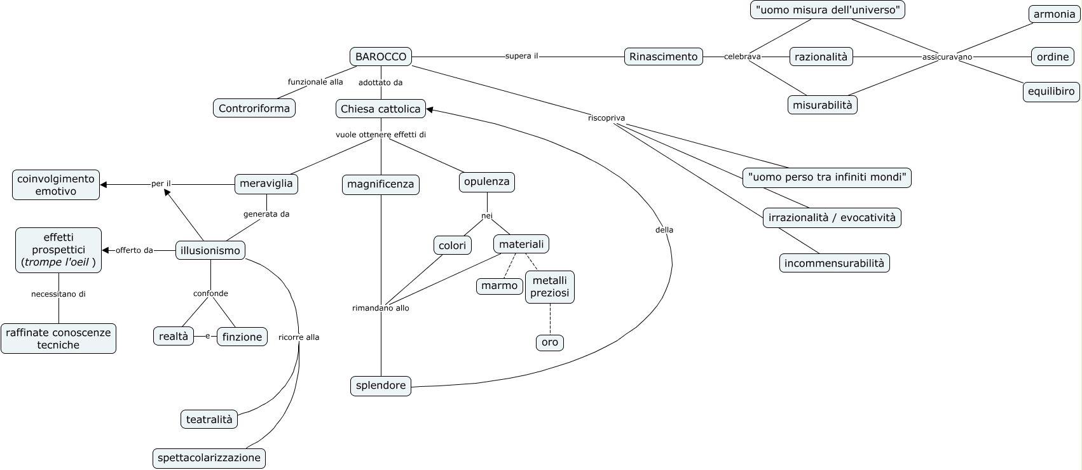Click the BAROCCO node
[x=381, y=57]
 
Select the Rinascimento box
[x=663, y=57]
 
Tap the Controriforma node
[x=254, y=108]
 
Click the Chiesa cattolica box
[x=381, y=109]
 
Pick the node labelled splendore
[x=381, y=386]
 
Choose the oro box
[x=550, y=342]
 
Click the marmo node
[x=500, y=286]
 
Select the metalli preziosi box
[x=550, y=286]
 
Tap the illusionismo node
[x=210, y=250]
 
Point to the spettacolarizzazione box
[x=209, y=457]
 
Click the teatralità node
[x=209, y=419]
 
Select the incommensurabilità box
[x=834, y=263]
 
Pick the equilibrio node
[x=1051, y=91]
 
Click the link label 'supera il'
[x=522, y=56]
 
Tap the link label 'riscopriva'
[x=606, y=117]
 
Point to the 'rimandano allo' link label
[x=381, y=308]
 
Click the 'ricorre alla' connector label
[x=299, y=337]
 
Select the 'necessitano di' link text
[x=58, y=294]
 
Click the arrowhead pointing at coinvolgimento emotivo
[x=104, y=184]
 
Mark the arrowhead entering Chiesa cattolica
[x=429, y=109]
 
